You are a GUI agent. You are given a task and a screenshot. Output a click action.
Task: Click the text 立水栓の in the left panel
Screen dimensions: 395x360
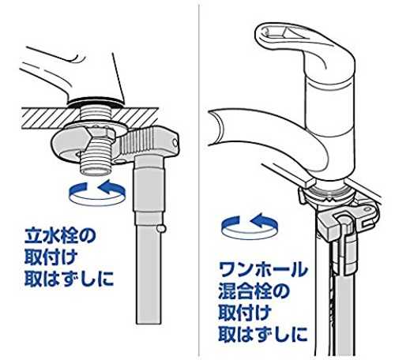(60, 235)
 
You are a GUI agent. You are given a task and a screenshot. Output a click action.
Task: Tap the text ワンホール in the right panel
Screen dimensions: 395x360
(263, 269)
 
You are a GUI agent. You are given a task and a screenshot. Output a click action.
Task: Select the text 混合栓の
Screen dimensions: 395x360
(254, 291)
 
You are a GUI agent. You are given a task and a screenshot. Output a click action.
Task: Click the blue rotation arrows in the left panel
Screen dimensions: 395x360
(97, 193)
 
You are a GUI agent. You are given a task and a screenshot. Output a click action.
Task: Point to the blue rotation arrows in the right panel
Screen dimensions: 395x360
(250, 226)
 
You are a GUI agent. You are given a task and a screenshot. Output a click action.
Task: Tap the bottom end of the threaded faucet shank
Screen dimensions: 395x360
(96, 171)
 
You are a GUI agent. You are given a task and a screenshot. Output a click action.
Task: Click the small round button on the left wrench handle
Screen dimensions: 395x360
(161, 228)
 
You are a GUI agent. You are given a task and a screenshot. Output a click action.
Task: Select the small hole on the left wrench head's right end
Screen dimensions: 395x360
(175, 142)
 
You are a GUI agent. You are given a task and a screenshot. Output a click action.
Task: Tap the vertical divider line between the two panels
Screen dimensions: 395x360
(199, 180)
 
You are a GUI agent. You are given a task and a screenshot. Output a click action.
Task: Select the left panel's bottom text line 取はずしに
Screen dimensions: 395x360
(69, 279)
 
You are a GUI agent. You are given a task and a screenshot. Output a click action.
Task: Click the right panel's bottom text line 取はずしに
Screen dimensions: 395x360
(263, 334)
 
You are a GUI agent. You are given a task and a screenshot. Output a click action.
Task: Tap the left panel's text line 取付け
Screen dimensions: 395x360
(51, 257)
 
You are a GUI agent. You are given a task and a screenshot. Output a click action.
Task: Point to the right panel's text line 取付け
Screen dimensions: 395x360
(245, 313)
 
